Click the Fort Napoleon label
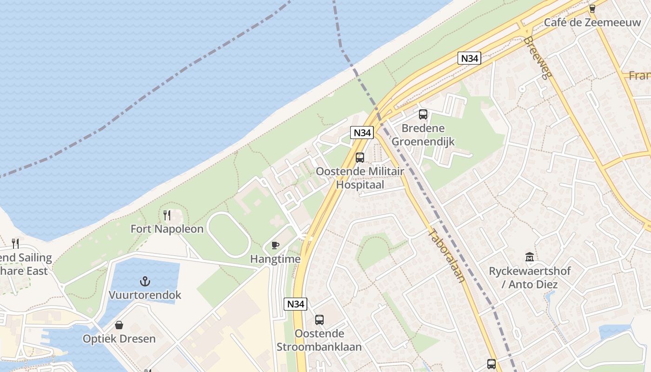coord(167,229)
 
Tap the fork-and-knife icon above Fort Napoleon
coord(167,215)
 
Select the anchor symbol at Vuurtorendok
coord(145,281)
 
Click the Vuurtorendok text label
coord(145,295)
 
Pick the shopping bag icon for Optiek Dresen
coord(119,325)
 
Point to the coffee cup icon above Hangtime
coord(275,245)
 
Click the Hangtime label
coord(275,259)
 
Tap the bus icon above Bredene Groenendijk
coord(423,114)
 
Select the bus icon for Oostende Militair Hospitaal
coord(360,157)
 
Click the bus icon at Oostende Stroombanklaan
coord(319,319)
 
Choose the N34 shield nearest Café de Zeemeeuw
coord(469,58)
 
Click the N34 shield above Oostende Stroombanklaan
coord(295,304)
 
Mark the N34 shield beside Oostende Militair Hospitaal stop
coord(362,133)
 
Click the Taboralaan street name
coord(446,256)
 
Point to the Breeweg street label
coord(535,58)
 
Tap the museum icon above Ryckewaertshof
coord(529,257)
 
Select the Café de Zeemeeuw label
coord(592,22)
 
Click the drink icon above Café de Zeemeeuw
coord(592,8)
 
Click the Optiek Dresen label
coord(119,339)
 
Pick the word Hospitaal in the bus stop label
coord(360,185)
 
